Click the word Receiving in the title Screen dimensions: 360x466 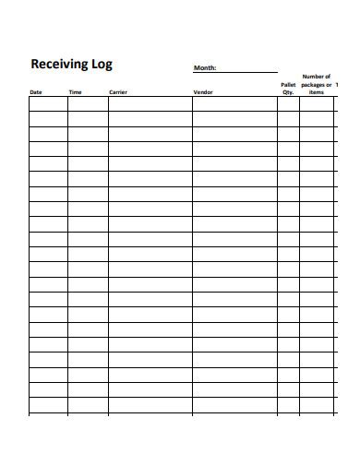(58, 65)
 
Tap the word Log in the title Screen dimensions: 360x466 (102, 66)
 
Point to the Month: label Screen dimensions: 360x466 (204, 68)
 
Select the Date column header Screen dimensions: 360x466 (36, 92)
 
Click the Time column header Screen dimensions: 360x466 (75, 92)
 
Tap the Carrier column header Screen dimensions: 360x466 (117, 92)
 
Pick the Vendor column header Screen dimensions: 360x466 (202, 92)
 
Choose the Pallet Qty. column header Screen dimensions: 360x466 (288, 89)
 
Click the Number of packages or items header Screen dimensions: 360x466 (317, 85)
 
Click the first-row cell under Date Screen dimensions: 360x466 (48, 104)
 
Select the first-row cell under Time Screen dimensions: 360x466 (88, 104)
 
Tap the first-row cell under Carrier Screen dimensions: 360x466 (150, 104)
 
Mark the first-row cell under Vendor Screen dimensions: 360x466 (234, 104)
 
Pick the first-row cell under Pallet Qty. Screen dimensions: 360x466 (288, 104)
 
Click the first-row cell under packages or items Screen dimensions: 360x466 (317, 104)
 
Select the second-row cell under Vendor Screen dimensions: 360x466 (234, 119)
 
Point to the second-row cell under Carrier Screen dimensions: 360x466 (150, 119)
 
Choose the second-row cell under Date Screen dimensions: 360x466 (48, 119)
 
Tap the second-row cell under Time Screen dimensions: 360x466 (88, 119)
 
